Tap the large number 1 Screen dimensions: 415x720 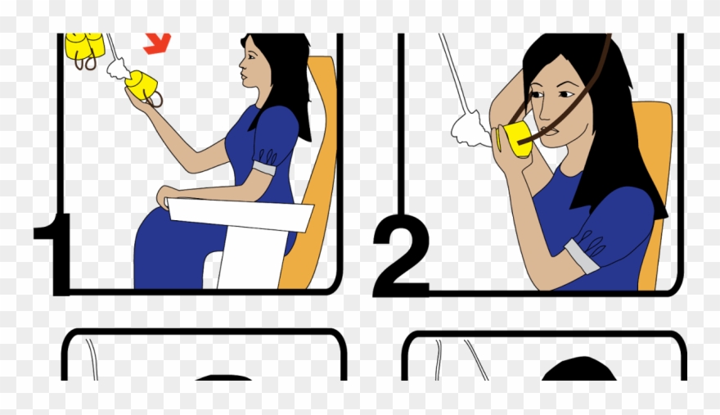pos(55,254)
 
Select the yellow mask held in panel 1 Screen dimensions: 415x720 pos(141,86)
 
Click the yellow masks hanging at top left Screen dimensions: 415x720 pos(83,46)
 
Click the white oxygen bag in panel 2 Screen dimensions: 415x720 pos(471,129)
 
